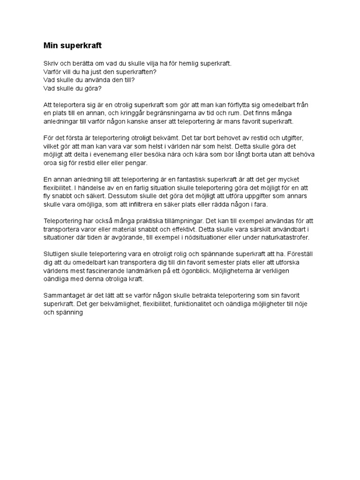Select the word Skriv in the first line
(x=51, y=63)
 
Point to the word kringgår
(x=142, y=113)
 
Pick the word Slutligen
(x=58, y=254)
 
